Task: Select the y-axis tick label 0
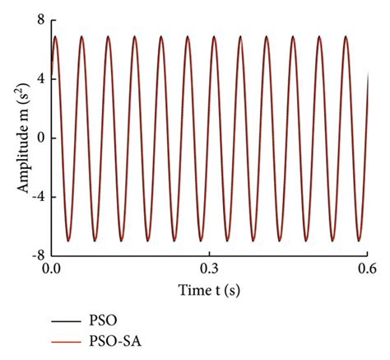[x=39, y=138]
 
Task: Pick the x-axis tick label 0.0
[x=51, y=269]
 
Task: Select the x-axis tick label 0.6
[x=367, y=269]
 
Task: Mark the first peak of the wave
[x=55, y=36]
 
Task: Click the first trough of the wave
[x=69, y=241]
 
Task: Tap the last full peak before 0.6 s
[x=346, y=36]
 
